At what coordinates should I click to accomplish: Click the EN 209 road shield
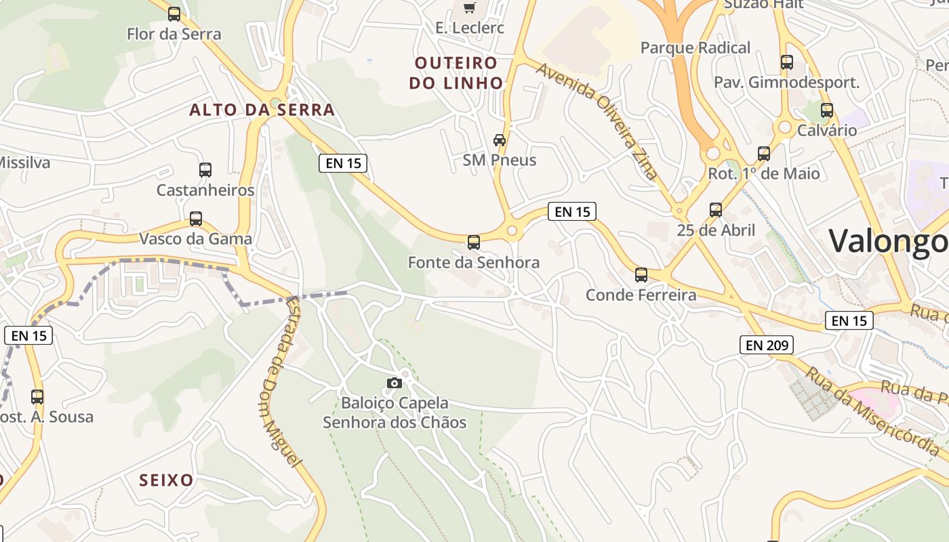click(767, 345)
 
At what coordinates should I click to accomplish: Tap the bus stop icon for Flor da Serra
click(174, 14)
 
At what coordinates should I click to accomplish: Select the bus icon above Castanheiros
click(205, 170)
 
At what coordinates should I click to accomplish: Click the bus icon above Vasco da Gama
click(196, 219)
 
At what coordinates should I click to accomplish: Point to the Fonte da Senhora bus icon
click(474, 242)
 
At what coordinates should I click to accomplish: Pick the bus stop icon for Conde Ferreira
click(641, 275)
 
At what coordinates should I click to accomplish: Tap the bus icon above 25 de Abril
click(716, 210)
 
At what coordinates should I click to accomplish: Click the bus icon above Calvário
click(827, 110)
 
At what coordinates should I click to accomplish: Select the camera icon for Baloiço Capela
click(395, 383)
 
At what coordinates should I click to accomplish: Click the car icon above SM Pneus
click(500, 140)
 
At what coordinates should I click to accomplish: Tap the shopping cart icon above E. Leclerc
click(469, 7)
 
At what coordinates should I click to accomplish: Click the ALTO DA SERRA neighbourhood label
click(262, 110)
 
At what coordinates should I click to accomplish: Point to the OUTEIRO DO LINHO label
click(460, 73)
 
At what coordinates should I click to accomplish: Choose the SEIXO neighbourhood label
click(166, 480)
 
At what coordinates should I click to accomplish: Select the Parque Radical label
click(695, 48)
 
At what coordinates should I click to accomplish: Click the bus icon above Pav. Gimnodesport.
click(787, 62)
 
